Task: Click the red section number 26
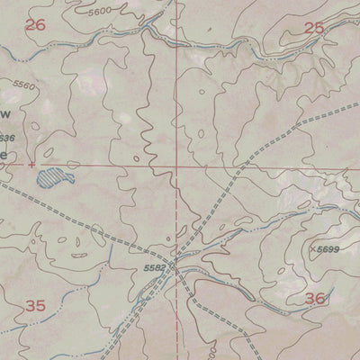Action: (x=35, y=25)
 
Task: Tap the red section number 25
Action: (x=314, y=28)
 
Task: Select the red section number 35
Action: (x=35, y=306)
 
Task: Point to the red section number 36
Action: (x=314, y=298)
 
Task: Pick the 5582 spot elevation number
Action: (x=155, y=266)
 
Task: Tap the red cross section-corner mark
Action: (x=32, y=165)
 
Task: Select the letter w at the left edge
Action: (x=4, y=113)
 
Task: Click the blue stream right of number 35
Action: (x=108, y=297)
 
